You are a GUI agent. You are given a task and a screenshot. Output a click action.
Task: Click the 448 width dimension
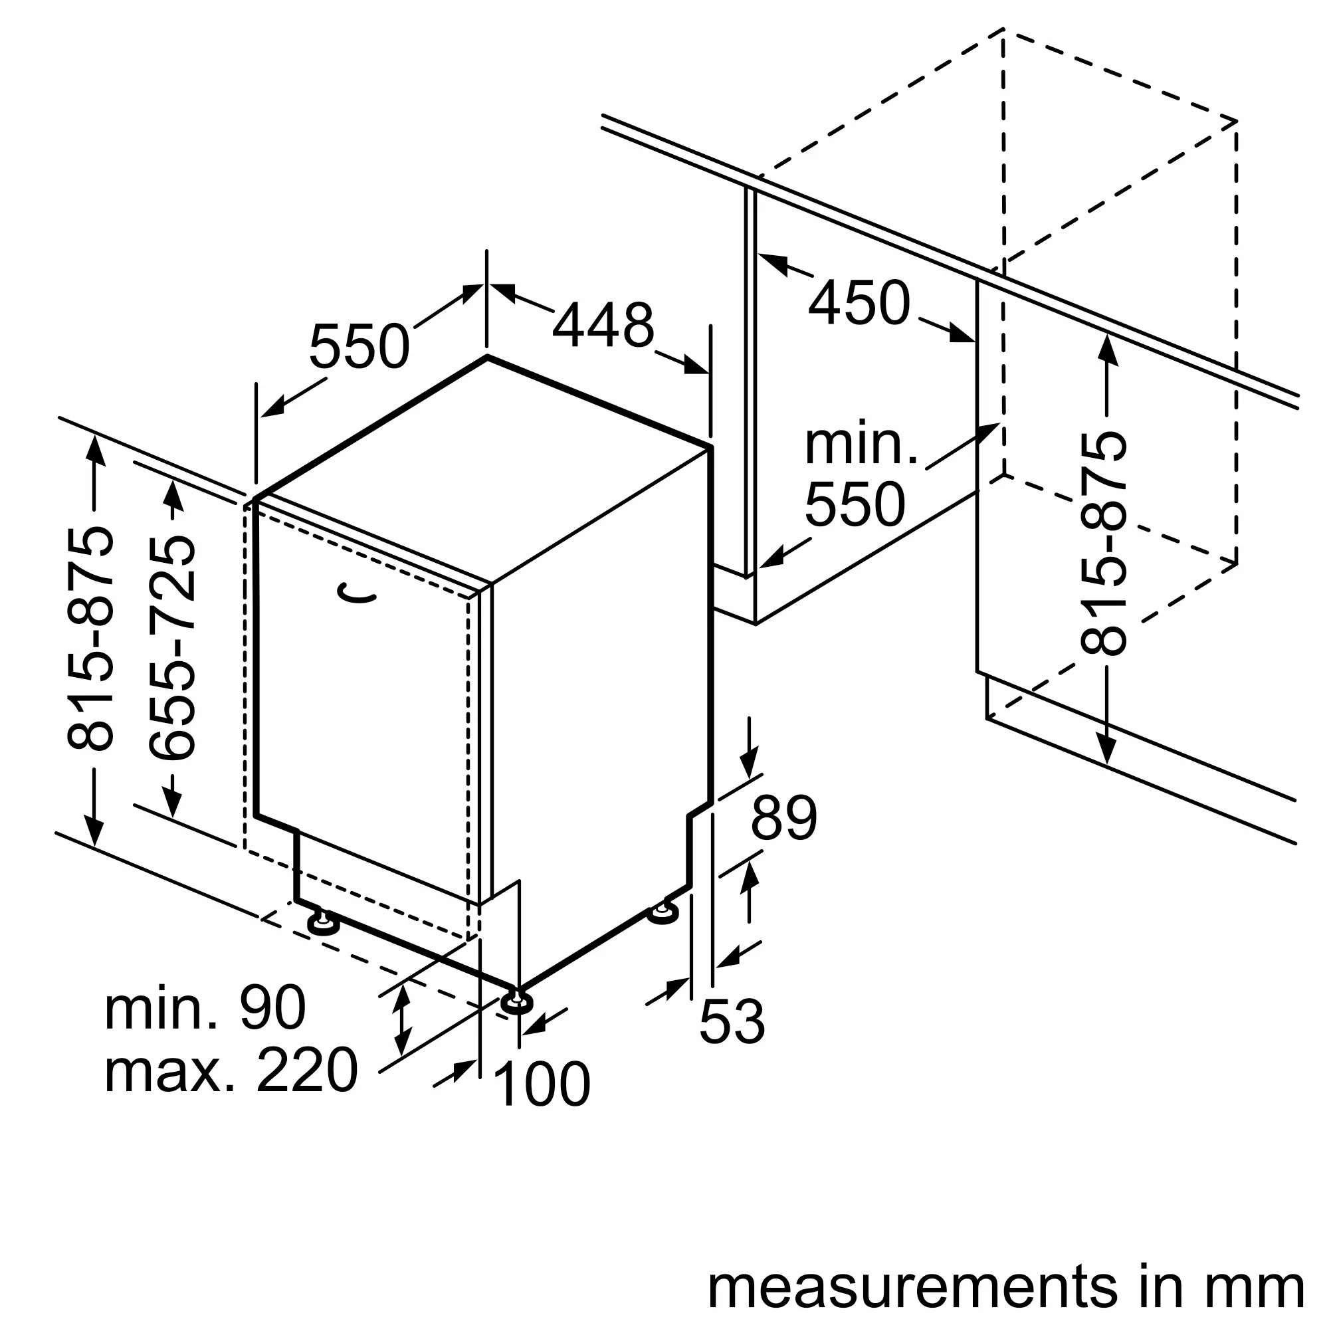click(603, 326)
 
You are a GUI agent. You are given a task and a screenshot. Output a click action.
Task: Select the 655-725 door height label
click(173, 649)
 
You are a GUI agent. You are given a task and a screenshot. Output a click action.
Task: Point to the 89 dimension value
click(783, 818)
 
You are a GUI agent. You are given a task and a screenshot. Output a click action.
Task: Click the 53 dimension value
click(732, 1021)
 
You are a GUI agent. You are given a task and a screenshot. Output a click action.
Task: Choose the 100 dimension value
click(542, 1084)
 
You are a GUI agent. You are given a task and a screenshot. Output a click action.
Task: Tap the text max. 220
click(231, 1071)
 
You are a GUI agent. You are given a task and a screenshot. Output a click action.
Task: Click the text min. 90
click(205, 1008)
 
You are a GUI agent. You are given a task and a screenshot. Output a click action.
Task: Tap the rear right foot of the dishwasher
click(663, 912)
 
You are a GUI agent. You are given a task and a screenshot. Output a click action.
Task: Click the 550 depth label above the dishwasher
click(359, 347)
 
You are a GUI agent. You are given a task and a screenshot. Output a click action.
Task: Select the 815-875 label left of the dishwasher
click(90, 638)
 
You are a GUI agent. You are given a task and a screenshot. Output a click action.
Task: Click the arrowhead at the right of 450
click(962, 334)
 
